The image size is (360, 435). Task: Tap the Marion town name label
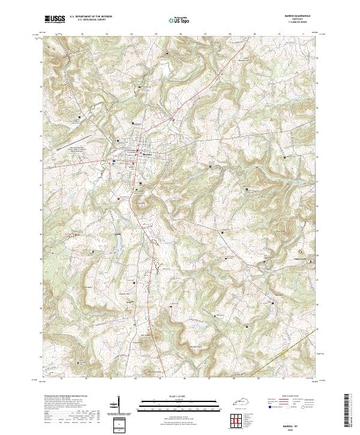coord(146,154)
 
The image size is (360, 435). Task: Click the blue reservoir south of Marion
coord(118,241)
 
